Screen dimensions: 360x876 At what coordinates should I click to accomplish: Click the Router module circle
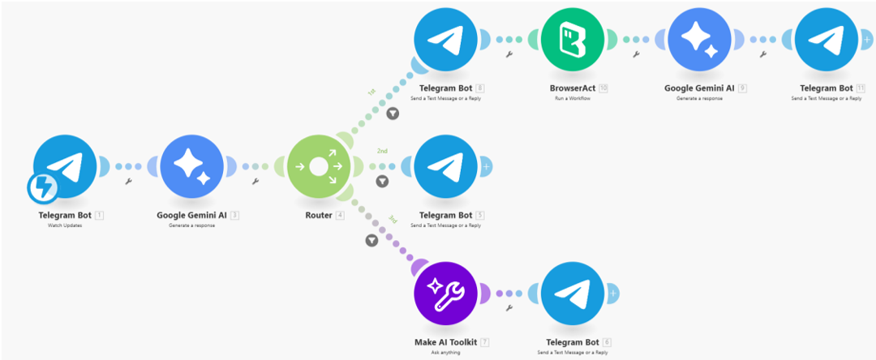click(x=318, y=167)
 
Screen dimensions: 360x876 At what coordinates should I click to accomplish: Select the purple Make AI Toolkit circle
click(x=445, y=294)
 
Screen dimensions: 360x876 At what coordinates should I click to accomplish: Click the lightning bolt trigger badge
click(x=41, y=189)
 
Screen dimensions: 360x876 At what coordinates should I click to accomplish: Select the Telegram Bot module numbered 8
click(x=445, y=38)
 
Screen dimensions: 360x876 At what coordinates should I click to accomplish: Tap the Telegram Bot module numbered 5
click(x=445, y=167)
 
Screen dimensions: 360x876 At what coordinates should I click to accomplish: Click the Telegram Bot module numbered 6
click(x=573, y=294)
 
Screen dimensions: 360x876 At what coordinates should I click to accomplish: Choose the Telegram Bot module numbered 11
click(x=827, y=38)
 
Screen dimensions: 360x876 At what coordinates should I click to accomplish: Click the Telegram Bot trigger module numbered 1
click(x=65, y=167)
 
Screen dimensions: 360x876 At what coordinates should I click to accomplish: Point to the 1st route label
click(x=371, y=92)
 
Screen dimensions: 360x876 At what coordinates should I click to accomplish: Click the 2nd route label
click(x=382, y=151)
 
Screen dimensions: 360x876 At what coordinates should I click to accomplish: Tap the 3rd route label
click(x=392, y=219)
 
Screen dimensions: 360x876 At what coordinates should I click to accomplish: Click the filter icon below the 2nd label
click(x=382, y=182)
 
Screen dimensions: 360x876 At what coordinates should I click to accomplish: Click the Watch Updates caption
click(x=65, y=225)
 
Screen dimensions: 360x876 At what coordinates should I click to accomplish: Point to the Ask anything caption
click(x=445, y=353)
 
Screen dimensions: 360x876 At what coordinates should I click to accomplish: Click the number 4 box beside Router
click(x=340, y=215)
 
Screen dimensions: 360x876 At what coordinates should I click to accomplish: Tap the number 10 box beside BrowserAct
click(x=603, y=88)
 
